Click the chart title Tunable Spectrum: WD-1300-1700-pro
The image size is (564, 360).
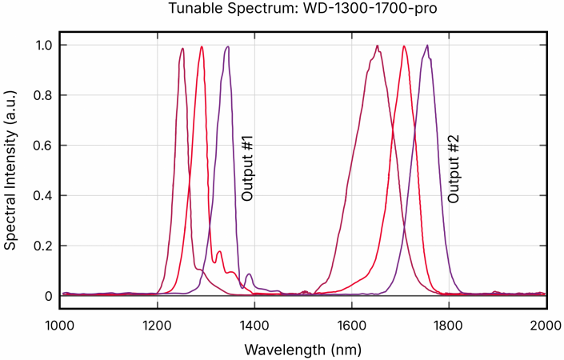(x=282, y=10)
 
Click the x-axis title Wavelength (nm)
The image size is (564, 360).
(x=302, y=350)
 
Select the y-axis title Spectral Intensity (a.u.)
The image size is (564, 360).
(x=10, y=170)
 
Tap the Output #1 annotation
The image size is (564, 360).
(x=247, y=168)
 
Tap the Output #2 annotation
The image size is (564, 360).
(x=454, y=168)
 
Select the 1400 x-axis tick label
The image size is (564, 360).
(x=254, y=324)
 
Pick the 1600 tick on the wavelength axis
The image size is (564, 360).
(x=351, y=324)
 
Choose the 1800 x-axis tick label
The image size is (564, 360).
(x=449, y=324)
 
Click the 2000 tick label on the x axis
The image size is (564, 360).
(x=546, y=324)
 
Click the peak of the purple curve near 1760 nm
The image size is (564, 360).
(x=427, y=46)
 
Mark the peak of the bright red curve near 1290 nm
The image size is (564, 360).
(x=202, y=46)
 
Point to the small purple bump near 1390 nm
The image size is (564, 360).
(x=250, y=274)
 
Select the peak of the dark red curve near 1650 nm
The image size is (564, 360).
(x=377, y=46)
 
